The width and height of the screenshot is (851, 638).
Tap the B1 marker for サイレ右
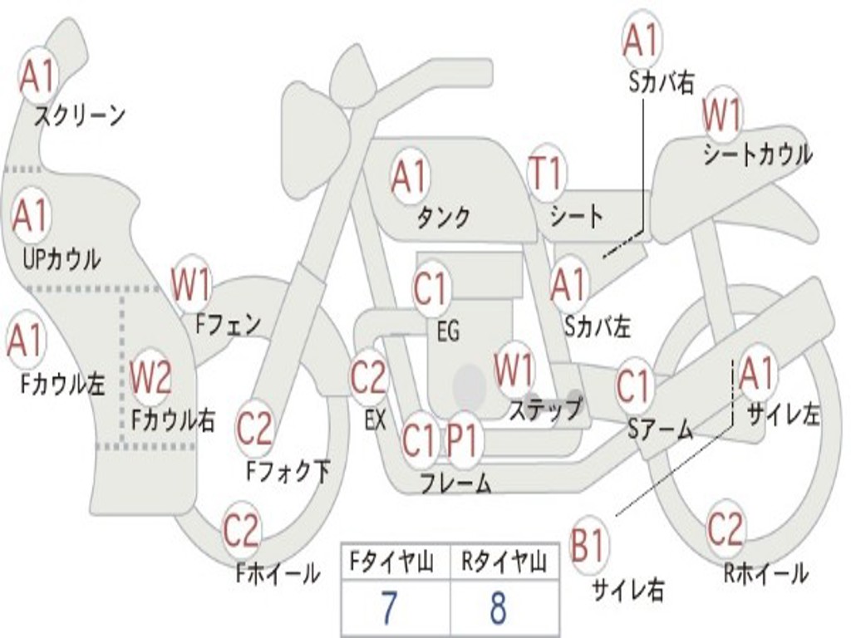point(588,543)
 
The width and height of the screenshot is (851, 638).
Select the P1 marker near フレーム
point(465,440)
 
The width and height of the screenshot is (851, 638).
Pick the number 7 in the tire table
point(389,607)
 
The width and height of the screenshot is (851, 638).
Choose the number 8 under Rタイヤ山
point(499,607)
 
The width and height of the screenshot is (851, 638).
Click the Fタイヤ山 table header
point(392,562)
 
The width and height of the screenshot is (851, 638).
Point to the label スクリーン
point(80,115)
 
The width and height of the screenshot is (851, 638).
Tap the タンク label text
point(443,217)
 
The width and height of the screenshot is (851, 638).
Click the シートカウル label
point(758,154)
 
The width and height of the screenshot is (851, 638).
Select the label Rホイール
point(765,573)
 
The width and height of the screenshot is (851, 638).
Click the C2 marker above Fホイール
point(242,530)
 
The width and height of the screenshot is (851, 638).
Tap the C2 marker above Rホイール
point(725,529)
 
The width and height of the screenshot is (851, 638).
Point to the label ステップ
point(545,408)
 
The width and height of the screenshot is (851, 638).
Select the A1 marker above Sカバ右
point(642,39)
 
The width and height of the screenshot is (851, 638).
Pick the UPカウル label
point(61,259)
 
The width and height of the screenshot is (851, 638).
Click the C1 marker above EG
point(431,288)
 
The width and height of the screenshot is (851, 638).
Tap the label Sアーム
point(661,429)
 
